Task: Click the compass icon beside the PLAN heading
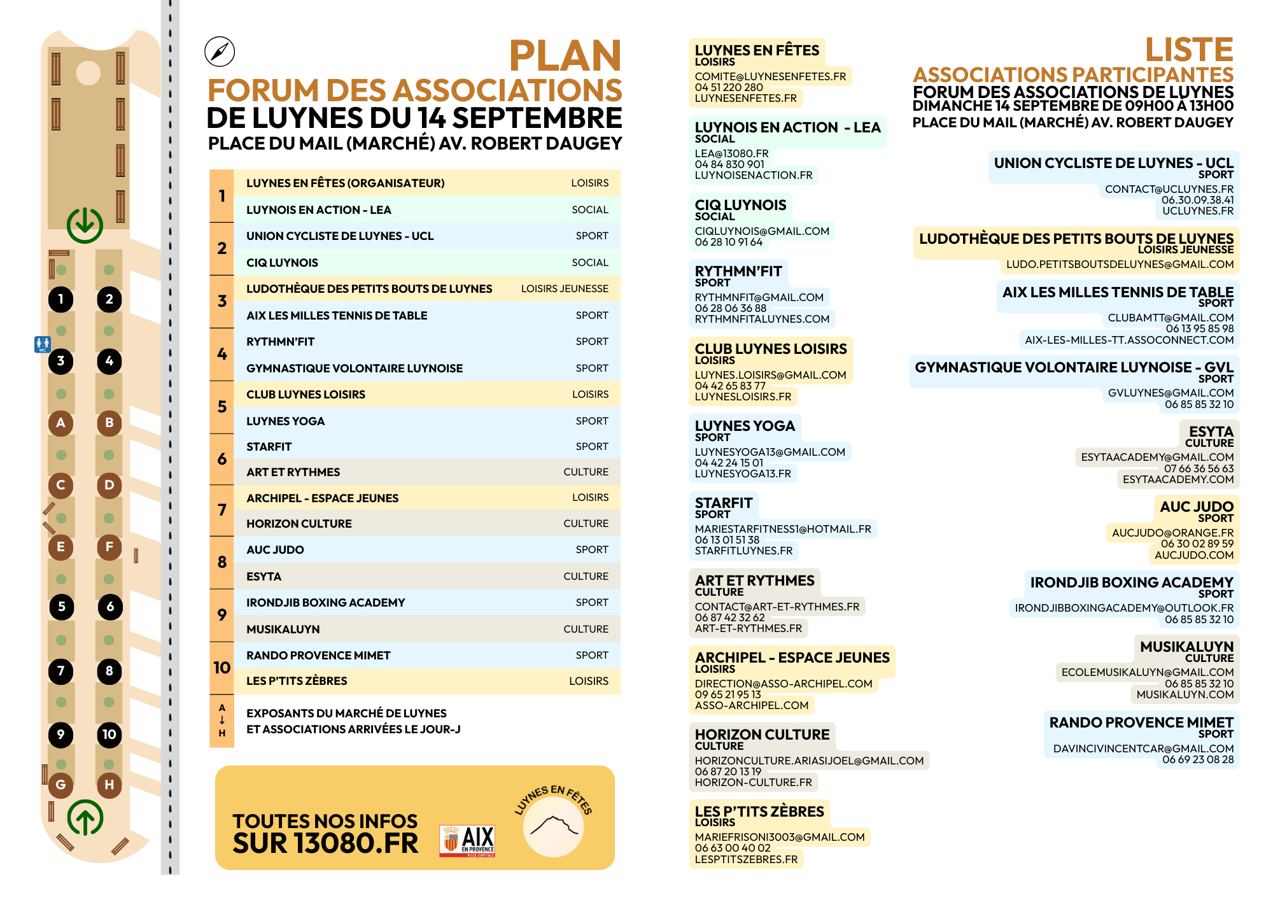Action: coord(220,52)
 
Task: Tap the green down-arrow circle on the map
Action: coord(85,225)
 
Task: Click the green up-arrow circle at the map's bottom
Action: coord(85,819)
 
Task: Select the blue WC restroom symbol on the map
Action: coord(42,344)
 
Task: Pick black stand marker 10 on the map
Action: coord(109,735)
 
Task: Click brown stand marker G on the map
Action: coord(60,784)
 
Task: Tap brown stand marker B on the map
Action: coord(109,423)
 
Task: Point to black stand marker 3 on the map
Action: coord(60,361)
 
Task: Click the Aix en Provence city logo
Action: coord(468,841)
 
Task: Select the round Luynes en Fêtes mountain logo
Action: coord(553,826)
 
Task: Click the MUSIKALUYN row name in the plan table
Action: coord(283,629)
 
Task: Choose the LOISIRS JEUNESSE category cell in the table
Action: coord(565,289)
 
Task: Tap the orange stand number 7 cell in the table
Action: coord(222,510)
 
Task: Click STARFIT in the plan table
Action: coord(269,447)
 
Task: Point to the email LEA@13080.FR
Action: coord(732,153)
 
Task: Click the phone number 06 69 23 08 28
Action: coord(1198,759)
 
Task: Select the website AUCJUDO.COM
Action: coord(1194,555)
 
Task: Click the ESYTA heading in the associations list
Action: coord(1211,432)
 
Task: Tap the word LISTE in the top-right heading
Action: coord(1189,50)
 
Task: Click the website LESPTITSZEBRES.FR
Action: coord(746,859)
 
